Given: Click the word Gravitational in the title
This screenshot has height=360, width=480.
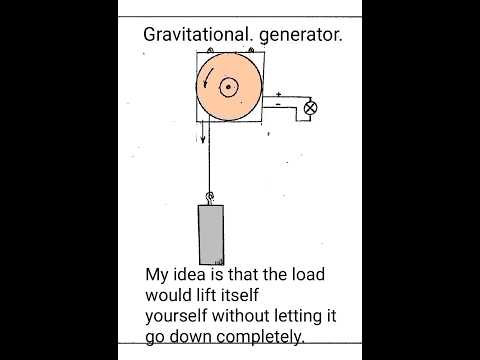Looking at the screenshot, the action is pyautogui.click(x=191, y=35).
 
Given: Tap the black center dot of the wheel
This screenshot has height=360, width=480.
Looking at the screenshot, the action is pyautogui.click(x=228, y=88).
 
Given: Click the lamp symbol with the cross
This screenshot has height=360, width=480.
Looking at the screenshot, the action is pyautogui.click(x=310, y=106).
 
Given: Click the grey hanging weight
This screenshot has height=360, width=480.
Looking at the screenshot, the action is pyautogui.click(x=211, y=234).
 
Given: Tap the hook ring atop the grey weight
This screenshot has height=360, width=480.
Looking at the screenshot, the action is pyautogui.click(x=210, y=197).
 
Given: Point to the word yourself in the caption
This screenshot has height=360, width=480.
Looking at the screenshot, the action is pyautogui.click(x=181, y=315).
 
